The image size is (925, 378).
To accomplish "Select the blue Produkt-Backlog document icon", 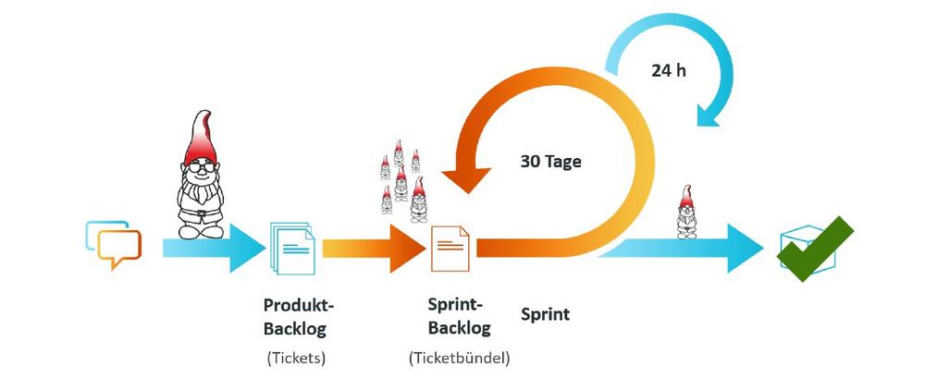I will tap(293, 248).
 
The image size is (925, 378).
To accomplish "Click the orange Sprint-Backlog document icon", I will tap(450, 247).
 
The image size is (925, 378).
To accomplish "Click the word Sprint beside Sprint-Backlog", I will tap(545, 314).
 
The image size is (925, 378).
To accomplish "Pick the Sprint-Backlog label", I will tap(459, 316).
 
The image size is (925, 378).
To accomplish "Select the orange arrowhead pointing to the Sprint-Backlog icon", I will tap(408, 247).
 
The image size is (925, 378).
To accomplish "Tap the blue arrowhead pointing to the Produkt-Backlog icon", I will tap(246, 247).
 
